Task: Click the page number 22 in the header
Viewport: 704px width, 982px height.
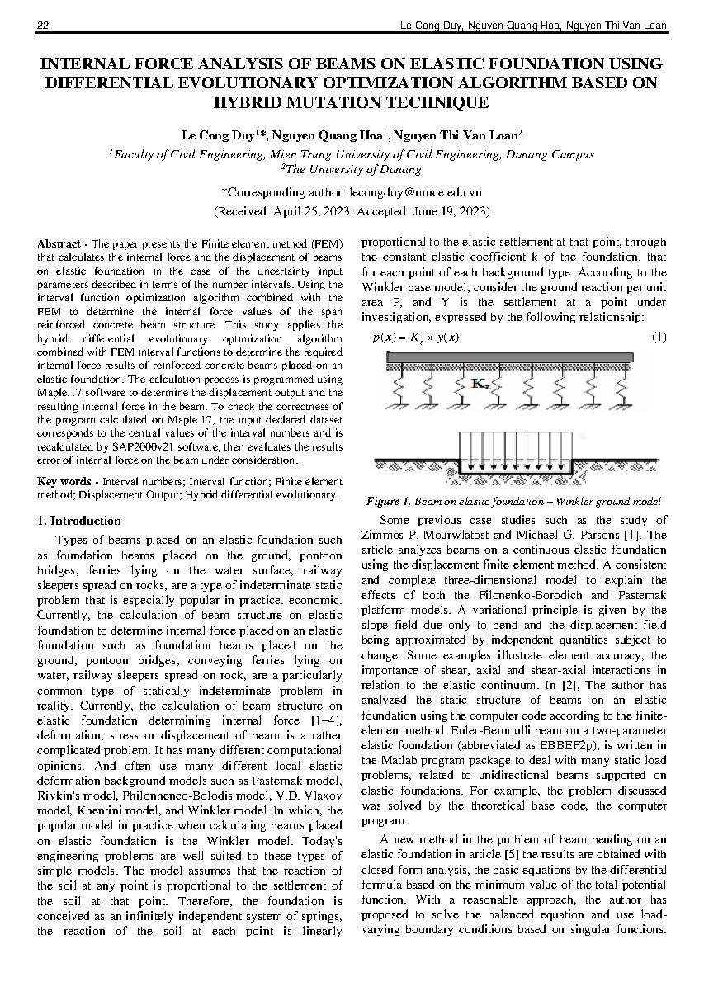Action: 43,26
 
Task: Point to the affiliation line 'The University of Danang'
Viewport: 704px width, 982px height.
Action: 352,169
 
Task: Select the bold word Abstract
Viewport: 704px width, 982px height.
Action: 59,244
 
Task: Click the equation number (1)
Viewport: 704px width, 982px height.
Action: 659,337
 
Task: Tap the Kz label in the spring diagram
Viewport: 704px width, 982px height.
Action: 481,383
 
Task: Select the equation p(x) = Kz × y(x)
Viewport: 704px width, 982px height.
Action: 416,338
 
